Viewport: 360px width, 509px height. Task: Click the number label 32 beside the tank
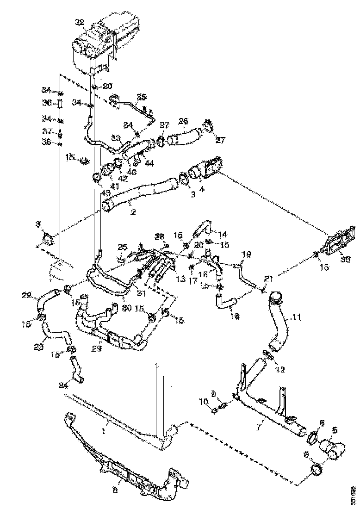(79, 22)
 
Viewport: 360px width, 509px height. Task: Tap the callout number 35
(141, 97)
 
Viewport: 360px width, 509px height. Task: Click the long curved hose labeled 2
(139, 194)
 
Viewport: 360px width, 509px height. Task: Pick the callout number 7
(262, 419)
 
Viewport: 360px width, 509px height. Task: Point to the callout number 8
(115, 489)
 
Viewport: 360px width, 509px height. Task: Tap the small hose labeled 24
(77, 370)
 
